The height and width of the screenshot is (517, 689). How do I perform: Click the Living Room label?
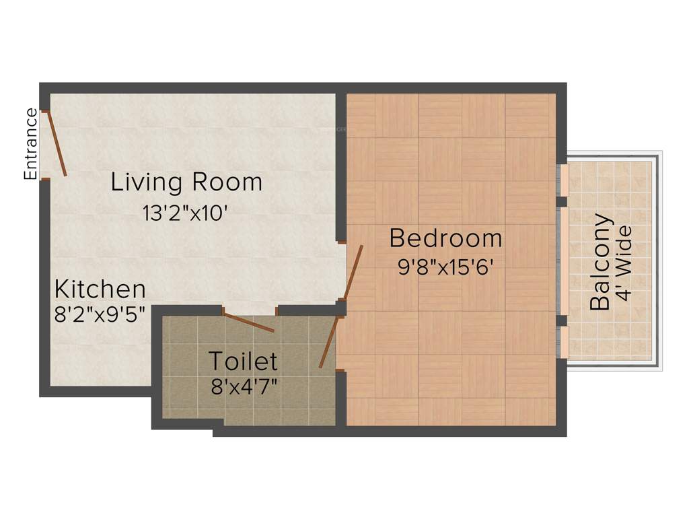tap(186, 182)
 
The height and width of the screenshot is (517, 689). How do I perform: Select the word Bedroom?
tap(445, 238)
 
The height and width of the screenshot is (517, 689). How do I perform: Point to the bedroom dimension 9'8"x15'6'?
tap(447, 267)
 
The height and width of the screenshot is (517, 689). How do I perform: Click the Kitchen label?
tap(100, 289)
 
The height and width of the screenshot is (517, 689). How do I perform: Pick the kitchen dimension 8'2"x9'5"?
tap(100, 314)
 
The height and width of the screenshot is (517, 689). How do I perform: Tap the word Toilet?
tap(242, 361)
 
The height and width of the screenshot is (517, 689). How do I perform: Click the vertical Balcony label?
tap(601, 262)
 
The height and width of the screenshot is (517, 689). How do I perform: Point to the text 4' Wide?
tap(625, 263)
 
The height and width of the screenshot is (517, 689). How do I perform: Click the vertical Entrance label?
tap(30, 144)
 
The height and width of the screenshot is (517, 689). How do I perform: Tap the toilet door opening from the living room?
tap(248, 322)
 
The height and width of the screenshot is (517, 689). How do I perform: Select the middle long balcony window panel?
tap(565, 261)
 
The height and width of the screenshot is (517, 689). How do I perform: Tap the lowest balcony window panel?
tap(565, 343)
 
